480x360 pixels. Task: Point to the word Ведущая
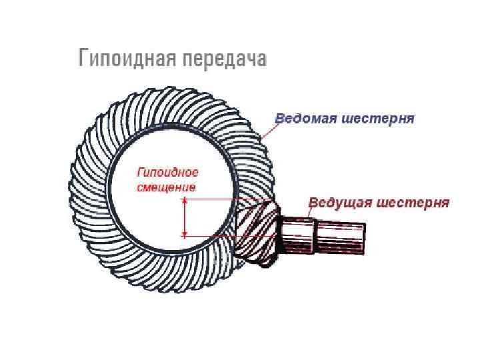(x=339, y=202)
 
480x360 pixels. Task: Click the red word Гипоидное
(x=167, y=173)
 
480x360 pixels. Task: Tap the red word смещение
(x=166, y=187)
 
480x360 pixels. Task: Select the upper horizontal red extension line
(x=213, y=199)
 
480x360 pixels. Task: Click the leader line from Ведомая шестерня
(x=265, y=132)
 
